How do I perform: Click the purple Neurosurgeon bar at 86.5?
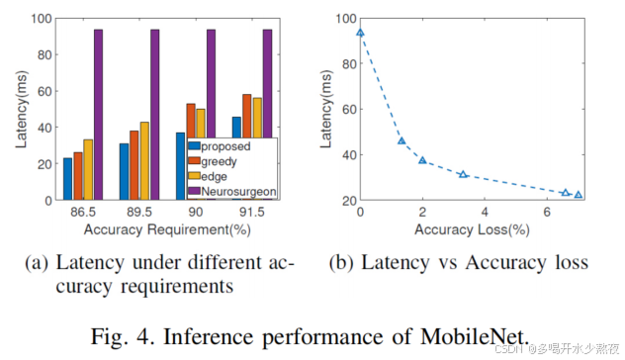click(x=98, y=115)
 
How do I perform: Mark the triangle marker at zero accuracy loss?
click(x=360, y=32)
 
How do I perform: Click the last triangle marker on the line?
click(x=578, y=195)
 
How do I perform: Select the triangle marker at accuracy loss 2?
click(x=422, y=160)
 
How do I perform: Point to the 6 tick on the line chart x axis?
click(x=547, y=212)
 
